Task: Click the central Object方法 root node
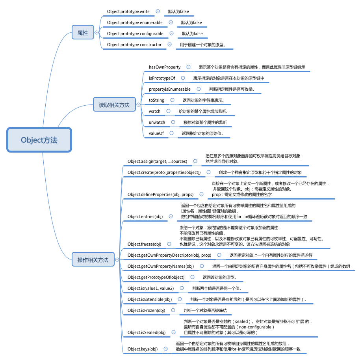coord(39,140)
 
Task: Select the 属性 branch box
coord(83,32)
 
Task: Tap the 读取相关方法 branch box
coord(114,104)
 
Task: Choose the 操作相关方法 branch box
coord(93,259)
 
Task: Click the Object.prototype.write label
coord(128,11)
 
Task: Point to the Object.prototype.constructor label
coord(134,45)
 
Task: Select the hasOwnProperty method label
coord(165,67)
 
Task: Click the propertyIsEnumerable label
coord(170,89)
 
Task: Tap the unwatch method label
coord(157,122)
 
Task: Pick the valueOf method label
coord(156,133)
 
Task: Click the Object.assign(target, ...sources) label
coord(157,161)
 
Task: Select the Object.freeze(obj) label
coord(144,244)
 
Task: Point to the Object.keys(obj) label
coord(143,349)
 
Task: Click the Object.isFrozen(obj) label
coord(147,310)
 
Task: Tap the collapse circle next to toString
coord(172,100)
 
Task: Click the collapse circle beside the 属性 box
coord(97,33)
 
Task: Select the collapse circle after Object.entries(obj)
coord(171,216)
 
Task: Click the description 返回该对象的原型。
coord(219,277)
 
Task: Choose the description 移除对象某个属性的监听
coord(205,122)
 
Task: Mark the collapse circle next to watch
coord(168,111)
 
